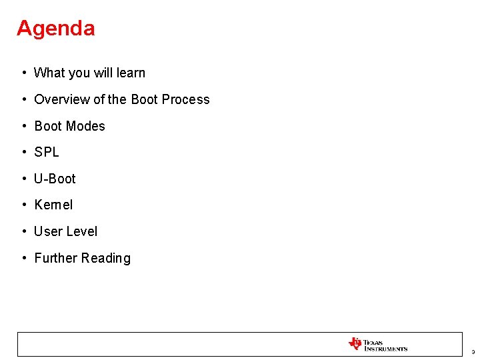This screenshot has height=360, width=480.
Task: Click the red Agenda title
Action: tap(55, 28)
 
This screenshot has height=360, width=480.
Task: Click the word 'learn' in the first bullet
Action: tap(130, 73)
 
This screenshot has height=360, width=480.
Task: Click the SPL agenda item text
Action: tap(47, 152)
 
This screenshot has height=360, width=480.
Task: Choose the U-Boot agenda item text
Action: tap(55, 179)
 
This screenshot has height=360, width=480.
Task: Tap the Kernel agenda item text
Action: tap(53, 205)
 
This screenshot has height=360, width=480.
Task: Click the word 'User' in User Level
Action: tap(48, 231)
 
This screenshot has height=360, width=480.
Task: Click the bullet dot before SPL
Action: tap(23, 152)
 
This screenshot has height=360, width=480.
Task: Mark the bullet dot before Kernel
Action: tap(23, 205)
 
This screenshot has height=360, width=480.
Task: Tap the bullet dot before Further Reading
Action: tap(23, 258)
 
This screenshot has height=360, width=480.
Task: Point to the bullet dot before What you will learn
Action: tap(23, 73)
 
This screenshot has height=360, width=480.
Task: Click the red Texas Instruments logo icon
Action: tap(355, 344)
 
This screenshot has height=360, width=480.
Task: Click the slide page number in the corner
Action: tap(472, 351)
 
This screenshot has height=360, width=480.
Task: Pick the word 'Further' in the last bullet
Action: tap(57, 258)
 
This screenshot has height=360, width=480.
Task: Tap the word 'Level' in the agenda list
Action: tap(82, 231)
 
